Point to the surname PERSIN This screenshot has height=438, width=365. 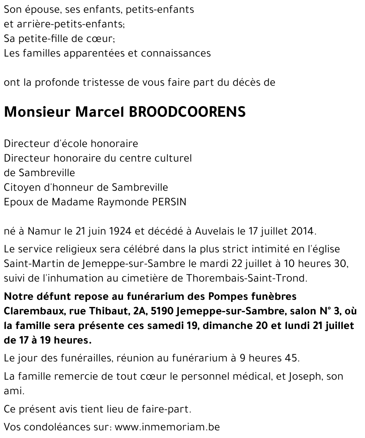[169, 202]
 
